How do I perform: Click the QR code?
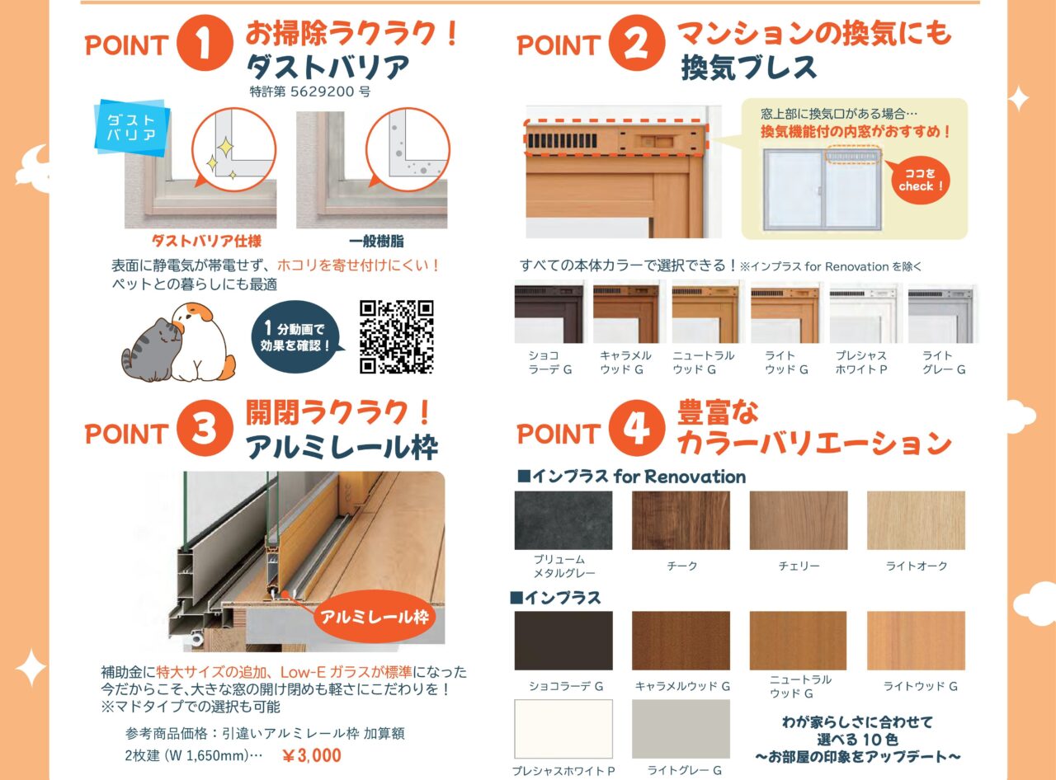click(x=397, y=336)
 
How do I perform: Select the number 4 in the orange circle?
click(x=636, y=429)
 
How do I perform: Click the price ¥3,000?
click(x=311, y=755)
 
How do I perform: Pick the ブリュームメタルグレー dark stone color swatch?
click(x=563, y=520)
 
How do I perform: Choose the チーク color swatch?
click(x=681, y=520)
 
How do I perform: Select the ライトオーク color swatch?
click(x=916, y=520)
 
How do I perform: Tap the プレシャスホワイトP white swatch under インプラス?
click(x=563, y=729)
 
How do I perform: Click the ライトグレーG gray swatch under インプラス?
click(x=681, y=729)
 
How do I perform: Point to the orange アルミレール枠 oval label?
click(x=375, y=616)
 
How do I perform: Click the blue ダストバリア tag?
click(x=132, y=127)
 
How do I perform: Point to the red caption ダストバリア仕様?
click(x=206, y=242)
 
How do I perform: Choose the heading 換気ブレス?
click(x=748, y=68)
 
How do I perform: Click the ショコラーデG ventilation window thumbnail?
click(x=549, y=312)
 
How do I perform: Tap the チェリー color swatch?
click(x=798, y=520)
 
